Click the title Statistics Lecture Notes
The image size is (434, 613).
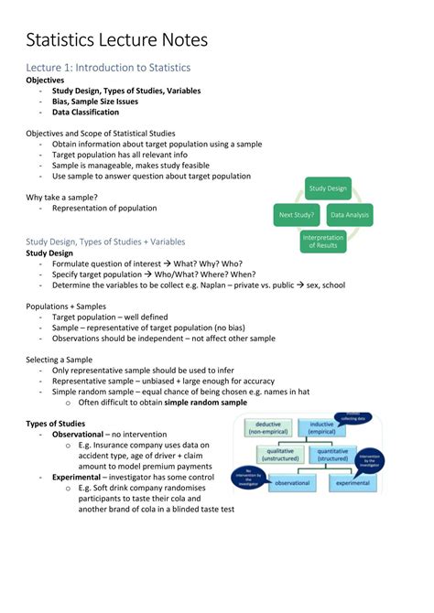coord(116,40)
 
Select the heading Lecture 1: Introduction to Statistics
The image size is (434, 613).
coord(107,68)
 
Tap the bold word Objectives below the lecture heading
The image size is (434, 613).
coord(46,81)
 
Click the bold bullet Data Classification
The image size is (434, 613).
coord(85,113)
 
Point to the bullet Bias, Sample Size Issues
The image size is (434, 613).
coord(102,102)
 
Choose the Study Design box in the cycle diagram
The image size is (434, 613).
coord(328,188)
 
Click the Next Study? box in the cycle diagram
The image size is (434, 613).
coord(297,216)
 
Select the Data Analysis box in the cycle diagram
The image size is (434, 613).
coord(350,216)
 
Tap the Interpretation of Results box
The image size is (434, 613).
coord(322,242)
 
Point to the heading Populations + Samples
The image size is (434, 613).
coord(66,306)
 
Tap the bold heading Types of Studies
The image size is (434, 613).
coord(56,424)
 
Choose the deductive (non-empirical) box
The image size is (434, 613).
coord(267,428)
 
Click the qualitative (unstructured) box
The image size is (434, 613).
coord(280,455)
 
